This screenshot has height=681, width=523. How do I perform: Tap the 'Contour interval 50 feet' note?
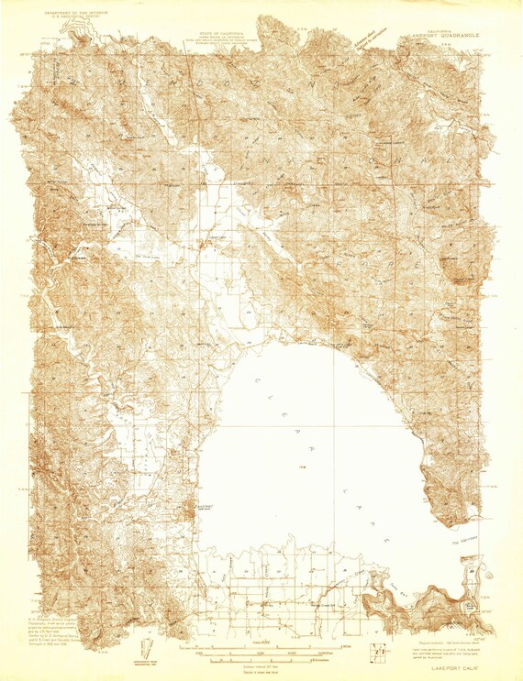258,662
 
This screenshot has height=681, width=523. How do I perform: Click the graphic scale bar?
258,653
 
